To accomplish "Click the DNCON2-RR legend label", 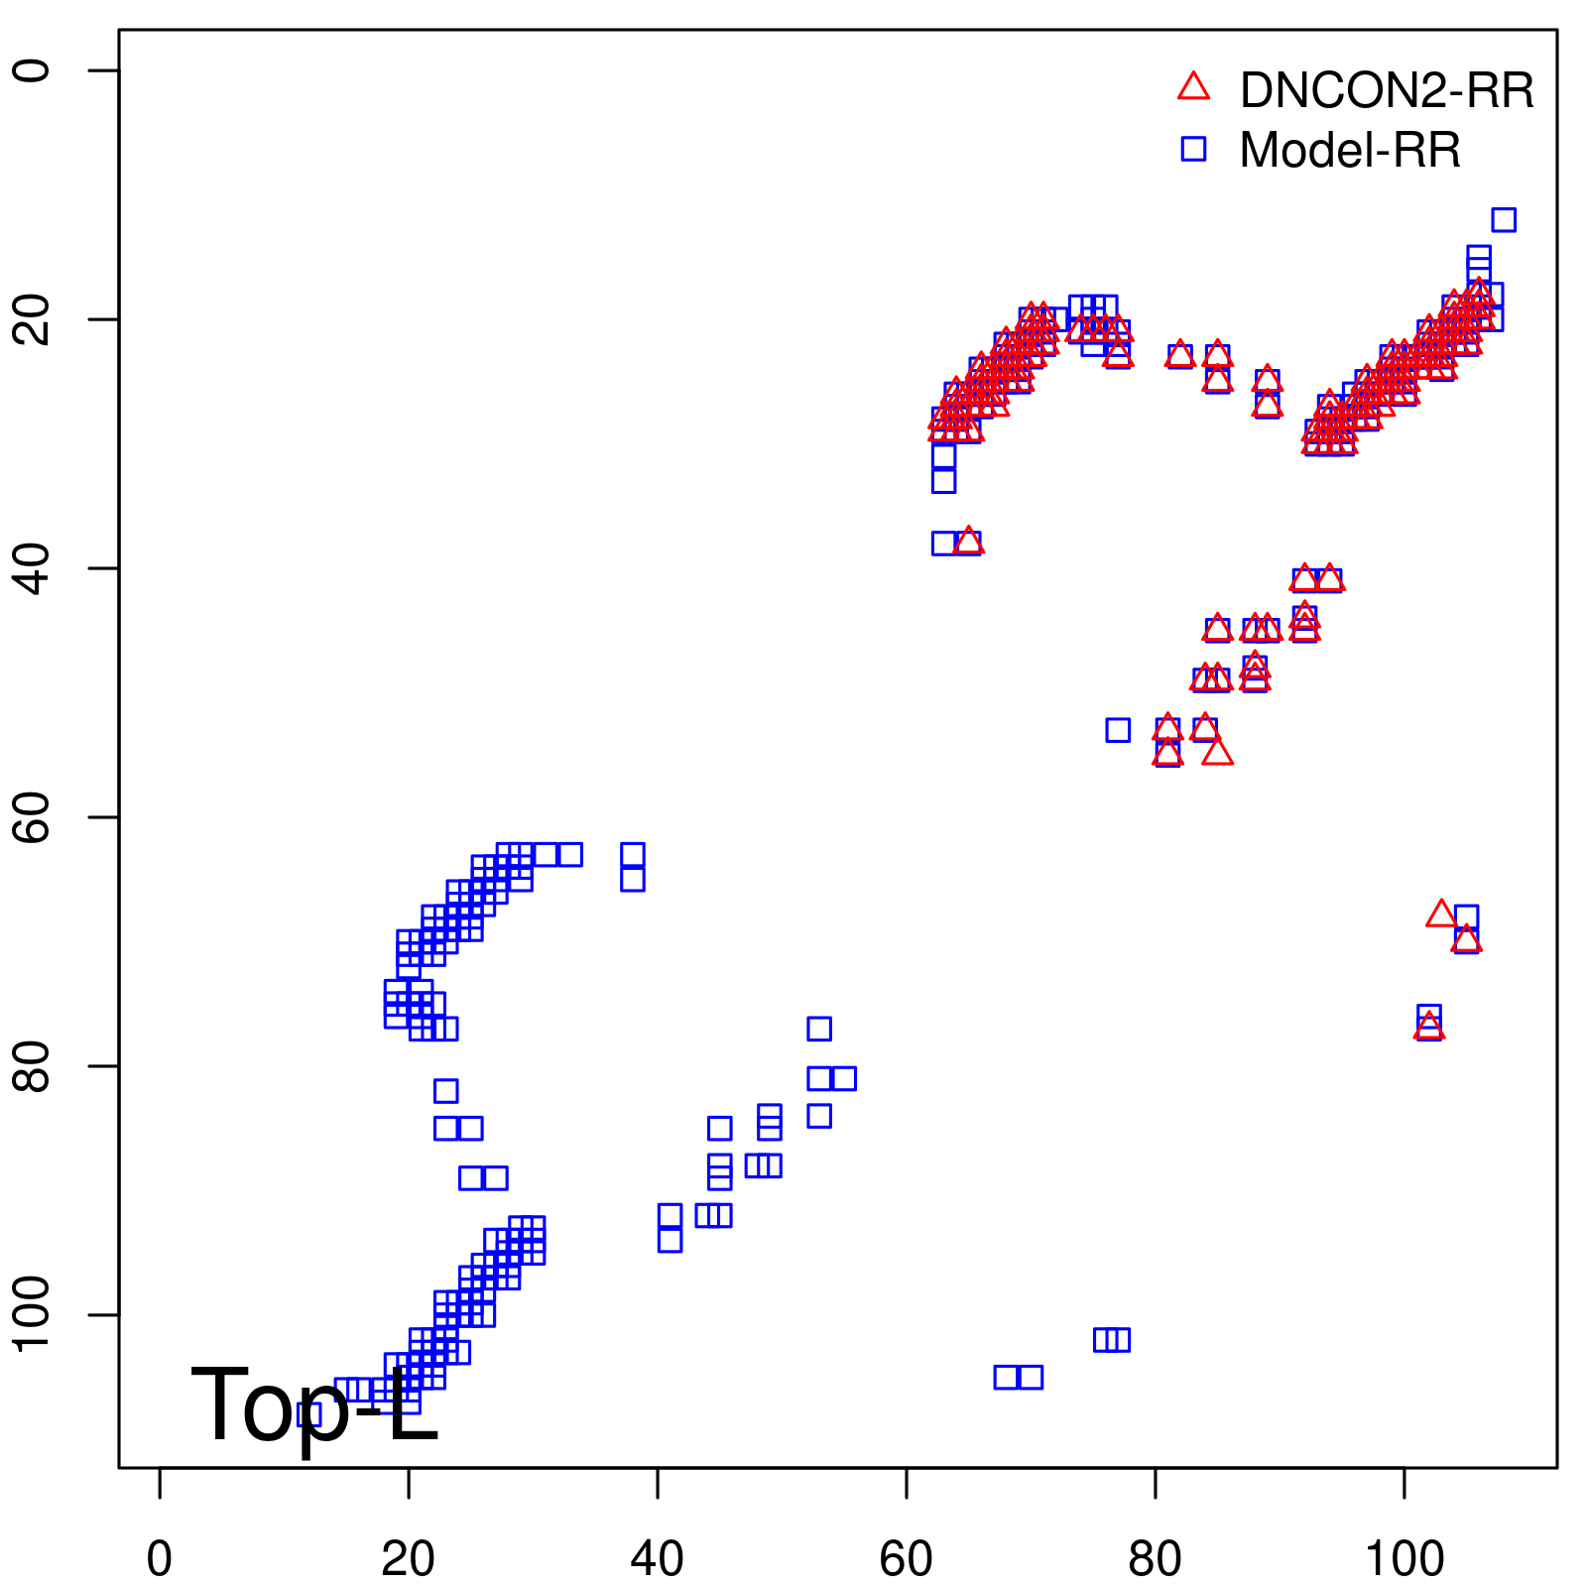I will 1386,90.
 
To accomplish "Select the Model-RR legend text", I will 1350,151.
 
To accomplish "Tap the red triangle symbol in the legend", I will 1193,87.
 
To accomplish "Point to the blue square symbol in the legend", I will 1193,149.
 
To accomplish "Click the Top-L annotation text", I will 313,1405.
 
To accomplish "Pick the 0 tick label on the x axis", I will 160,1558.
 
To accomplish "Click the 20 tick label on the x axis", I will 408,1558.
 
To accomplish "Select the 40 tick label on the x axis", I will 657,1558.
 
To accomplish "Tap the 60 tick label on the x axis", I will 906,1558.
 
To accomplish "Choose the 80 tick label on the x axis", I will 1155,1558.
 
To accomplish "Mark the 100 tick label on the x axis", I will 1404,1558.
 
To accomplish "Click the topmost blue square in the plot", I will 1504,219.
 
